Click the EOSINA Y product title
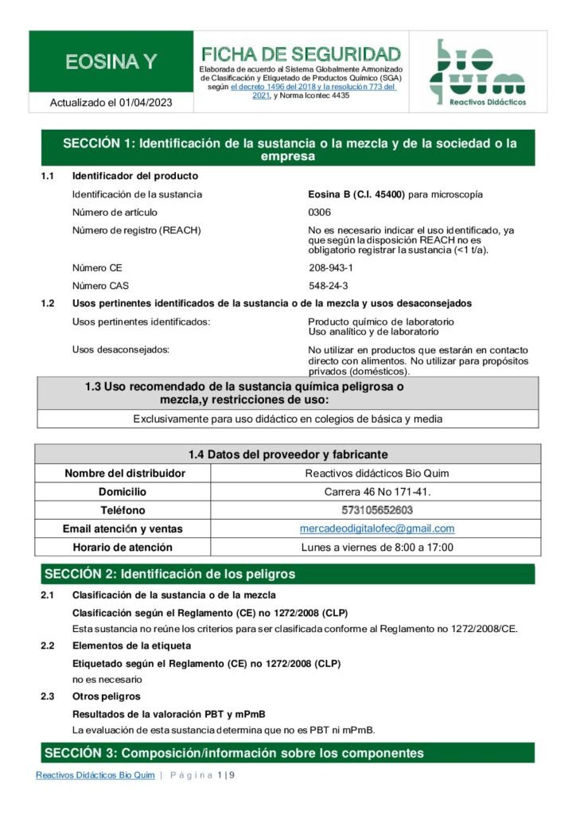click(x=111, y=62)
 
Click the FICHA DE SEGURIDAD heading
click(x=301, y=54)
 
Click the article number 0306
click(x=319, y=213)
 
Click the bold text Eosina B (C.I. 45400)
click(x=356, y=194)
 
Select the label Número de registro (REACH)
click(x=136, y=231)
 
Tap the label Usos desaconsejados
click(x=120, y=350)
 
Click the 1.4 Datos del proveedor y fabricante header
click(x=288, y=454)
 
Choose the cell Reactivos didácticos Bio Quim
click(x=377, y=474)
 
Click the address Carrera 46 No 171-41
click(x=377, y=492)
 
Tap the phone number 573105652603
click(x=377, y=510)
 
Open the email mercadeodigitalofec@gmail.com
click(x=377, y=528)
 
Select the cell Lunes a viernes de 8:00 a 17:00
click(x=377, y=548)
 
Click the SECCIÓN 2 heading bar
click(x=288, y=574)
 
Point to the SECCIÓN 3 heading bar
click(x=288, y=753)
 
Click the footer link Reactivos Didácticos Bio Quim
click(x=95, y=775)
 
